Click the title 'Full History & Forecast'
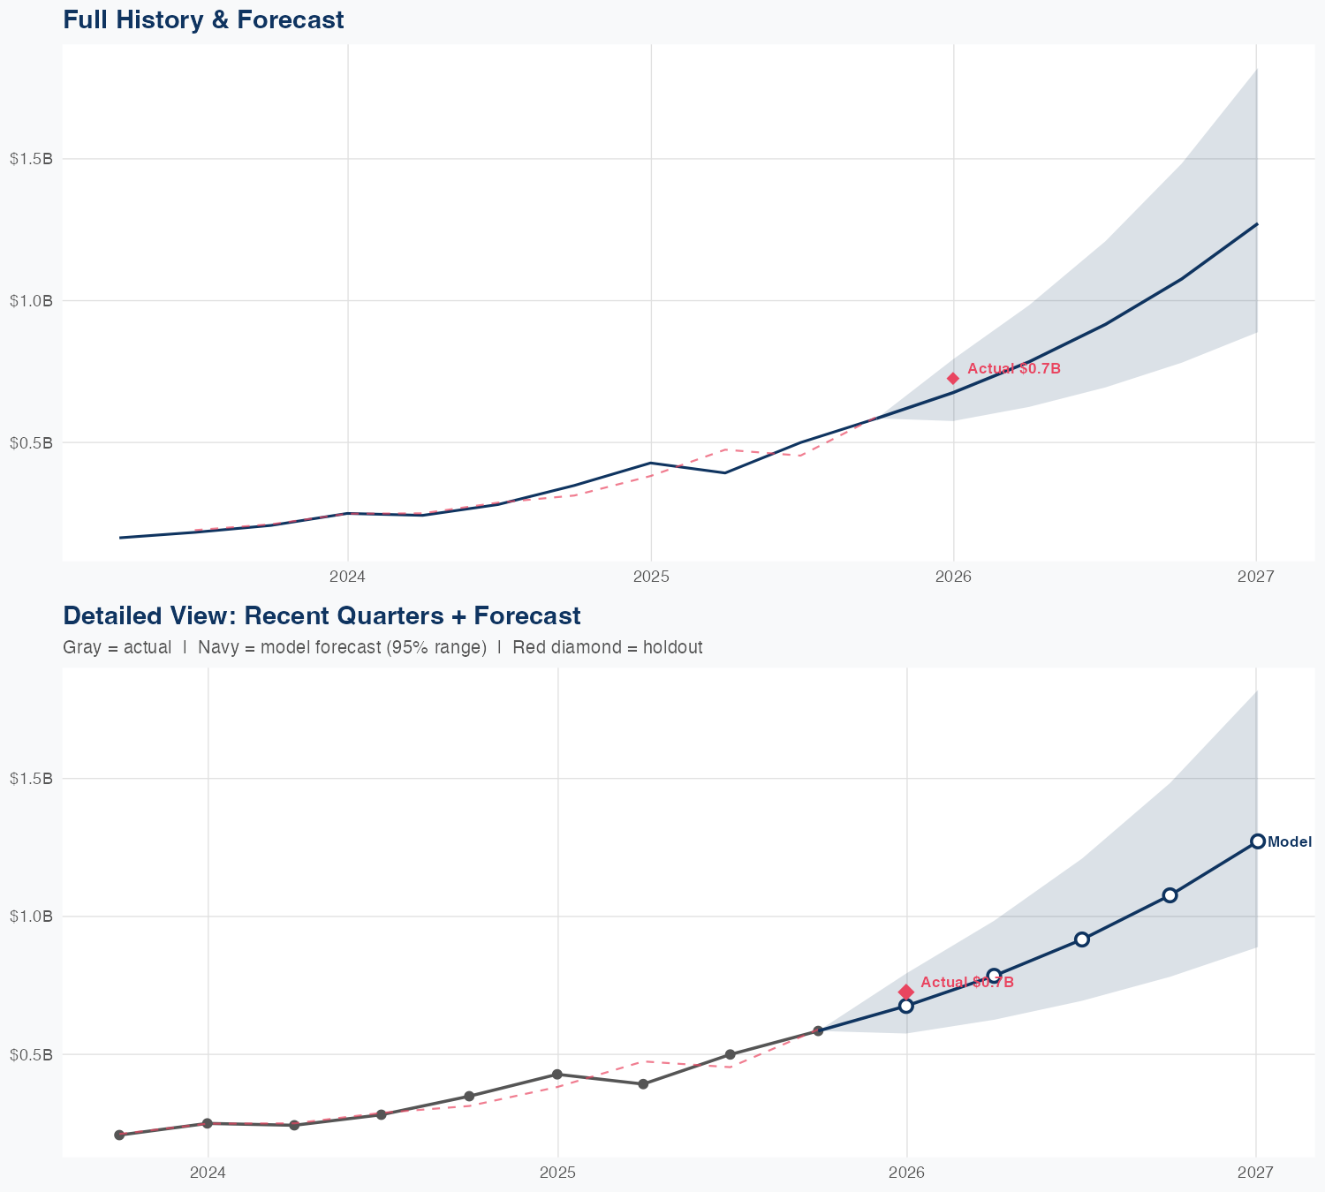(x=203, y=19)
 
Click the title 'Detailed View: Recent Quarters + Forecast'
(x=322, y=615)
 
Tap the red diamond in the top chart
(x=953, y=379)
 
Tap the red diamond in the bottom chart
(x=906, y=992)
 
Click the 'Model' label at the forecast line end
(x=1290, y=842)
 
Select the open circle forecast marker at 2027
(x=1257, y=841)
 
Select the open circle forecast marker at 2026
(x=906, y=1006)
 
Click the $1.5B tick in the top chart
(x=32, y=159)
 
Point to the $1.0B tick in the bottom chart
(x=32, y=917)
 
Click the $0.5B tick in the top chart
(x=32, y=442)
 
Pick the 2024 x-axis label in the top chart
(x=347, y=577)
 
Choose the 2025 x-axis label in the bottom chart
(x=557, y=1173)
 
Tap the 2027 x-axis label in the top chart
(x=1256, y=577)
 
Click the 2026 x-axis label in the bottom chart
(x=906, y=1173)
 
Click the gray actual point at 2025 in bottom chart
(x=557, y=1075)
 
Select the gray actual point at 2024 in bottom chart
(x=208, y=1123)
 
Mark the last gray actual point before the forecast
(x=818, y=1030)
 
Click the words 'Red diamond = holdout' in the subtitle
(x=607, y=647)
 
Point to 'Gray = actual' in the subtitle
(x=117, y=647)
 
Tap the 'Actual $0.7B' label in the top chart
(x=1013, y=369)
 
